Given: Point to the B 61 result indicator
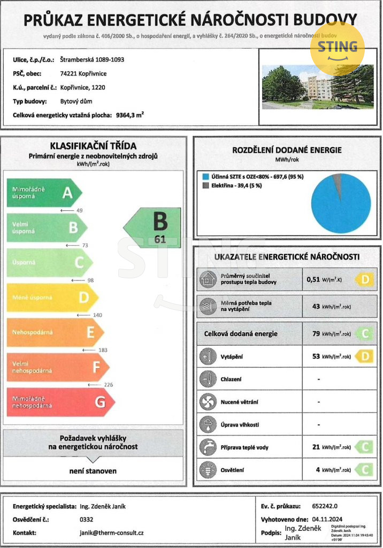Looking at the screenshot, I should click(155, 227).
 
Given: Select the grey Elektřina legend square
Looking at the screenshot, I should click(206, 186).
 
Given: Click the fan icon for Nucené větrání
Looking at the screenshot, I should click(206, 401).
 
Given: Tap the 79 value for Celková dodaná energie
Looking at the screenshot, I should click(316, 334).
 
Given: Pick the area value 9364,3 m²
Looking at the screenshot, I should click(131, 115).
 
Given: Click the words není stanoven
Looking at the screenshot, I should click(93, 471).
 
